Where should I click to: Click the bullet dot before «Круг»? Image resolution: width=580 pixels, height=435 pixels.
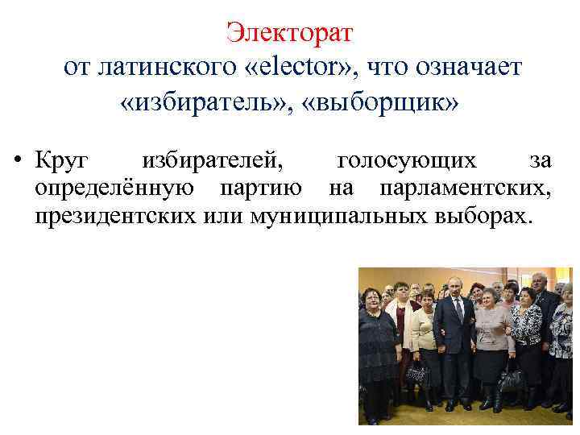pos(17,161)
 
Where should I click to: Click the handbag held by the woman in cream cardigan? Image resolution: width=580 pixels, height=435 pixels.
pos(417,372)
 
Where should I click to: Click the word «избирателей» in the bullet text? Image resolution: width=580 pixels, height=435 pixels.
pos(213,161)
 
